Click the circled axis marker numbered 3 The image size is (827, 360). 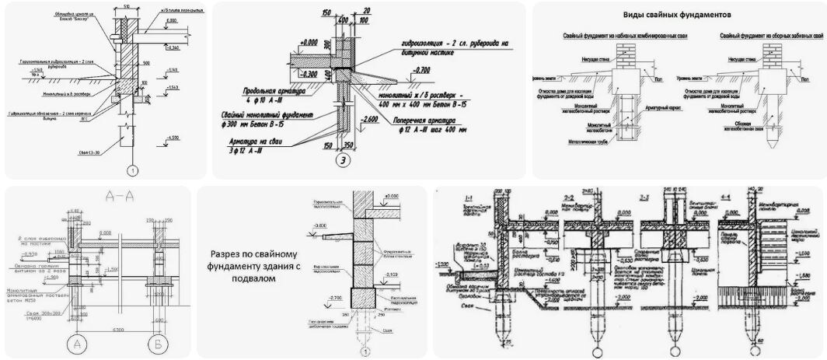342,161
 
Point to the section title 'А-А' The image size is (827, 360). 106,197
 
